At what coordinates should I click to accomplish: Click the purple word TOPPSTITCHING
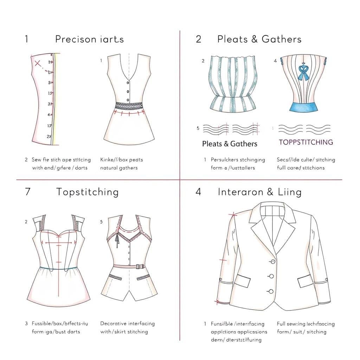point(306,142)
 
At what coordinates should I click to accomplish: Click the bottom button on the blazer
point(271,291)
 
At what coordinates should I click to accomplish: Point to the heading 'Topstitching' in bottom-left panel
point(87,192)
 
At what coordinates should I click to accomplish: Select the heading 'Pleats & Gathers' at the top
point(259,39)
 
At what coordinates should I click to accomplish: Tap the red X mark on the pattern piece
point(38,64)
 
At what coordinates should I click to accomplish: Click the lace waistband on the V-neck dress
point(129,106)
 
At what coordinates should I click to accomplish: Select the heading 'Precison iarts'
point(89,39)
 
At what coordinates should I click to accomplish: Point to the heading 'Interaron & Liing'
point(259,192)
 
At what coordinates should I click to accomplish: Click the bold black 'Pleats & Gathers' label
point(230,144)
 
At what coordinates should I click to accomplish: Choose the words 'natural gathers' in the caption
point(119,168)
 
